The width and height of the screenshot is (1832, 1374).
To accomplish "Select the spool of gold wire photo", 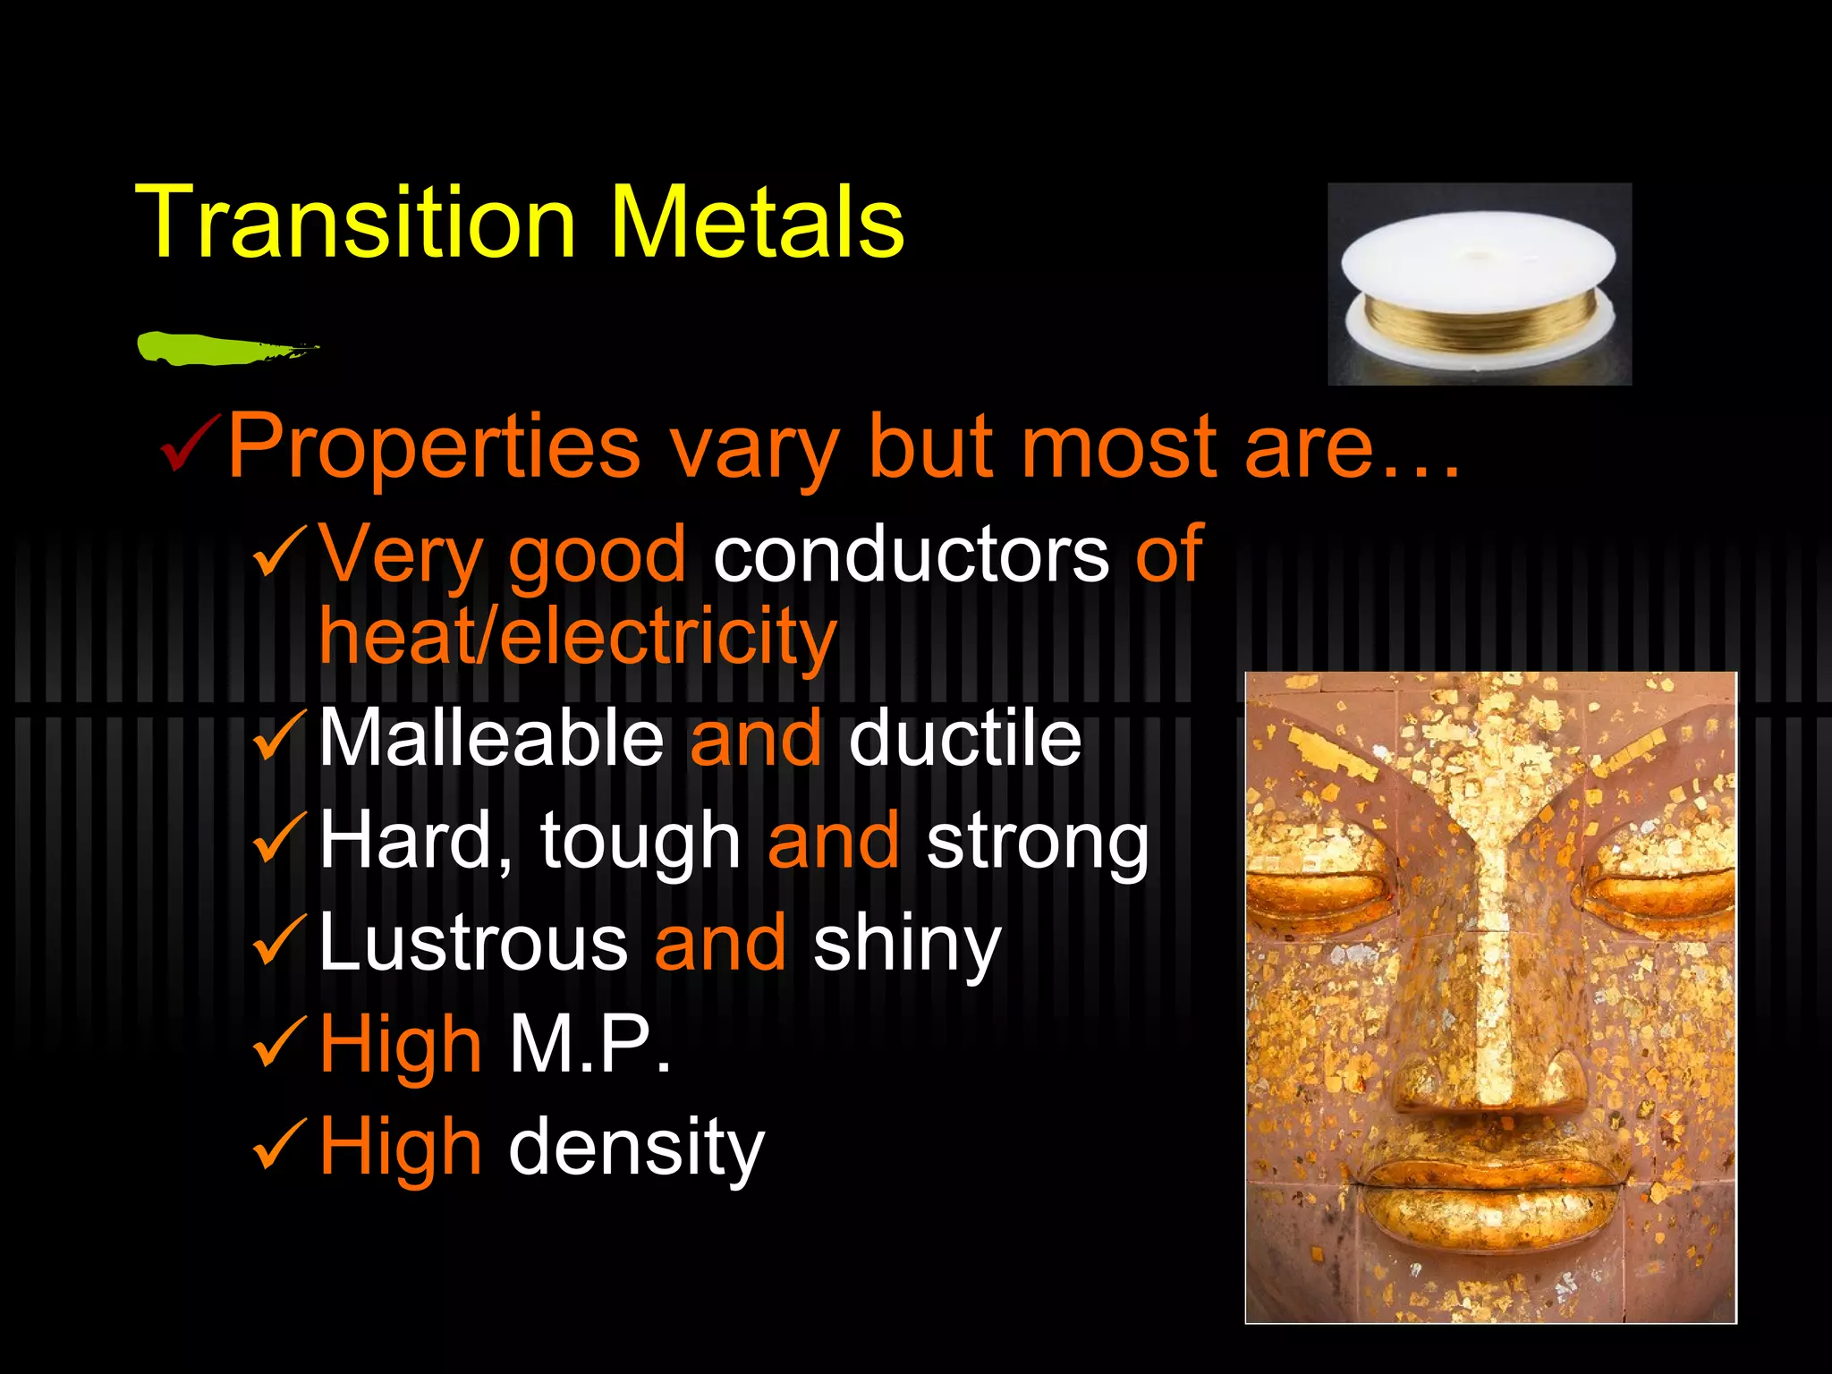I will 1479,284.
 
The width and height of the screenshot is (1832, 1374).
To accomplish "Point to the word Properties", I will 434,447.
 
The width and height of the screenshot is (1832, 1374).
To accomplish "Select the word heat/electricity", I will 578,637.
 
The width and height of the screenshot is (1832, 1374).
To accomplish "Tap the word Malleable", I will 491,738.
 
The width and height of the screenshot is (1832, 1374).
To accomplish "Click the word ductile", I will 964,738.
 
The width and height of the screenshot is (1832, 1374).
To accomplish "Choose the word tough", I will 640,841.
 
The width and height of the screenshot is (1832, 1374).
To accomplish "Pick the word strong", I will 1037,841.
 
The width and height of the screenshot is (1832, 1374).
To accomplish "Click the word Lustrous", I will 473,943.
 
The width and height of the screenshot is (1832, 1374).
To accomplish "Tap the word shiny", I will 906,945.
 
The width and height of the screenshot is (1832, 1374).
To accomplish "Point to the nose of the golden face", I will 1491,1029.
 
